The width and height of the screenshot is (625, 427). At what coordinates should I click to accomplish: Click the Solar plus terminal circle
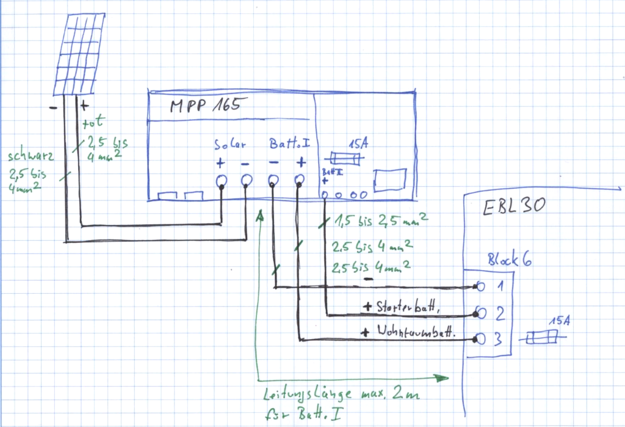(221, 181)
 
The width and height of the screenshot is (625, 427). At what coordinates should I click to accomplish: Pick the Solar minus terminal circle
(246, 181)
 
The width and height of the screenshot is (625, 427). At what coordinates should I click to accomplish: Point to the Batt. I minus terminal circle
(273, 181)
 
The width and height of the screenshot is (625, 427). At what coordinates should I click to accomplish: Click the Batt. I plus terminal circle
(299, 181)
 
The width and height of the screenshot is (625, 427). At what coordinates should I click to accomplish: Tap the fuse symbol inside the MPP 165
(345, 158)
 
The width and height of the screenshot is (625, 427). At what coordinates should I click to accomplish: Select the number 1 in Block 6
(499, 285)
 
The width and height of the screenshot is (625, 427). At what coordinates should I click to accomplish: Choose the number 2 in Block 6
(499, 314)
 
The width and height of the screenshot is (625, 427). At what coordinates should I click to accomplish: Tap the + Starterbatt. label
(403, 307)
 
